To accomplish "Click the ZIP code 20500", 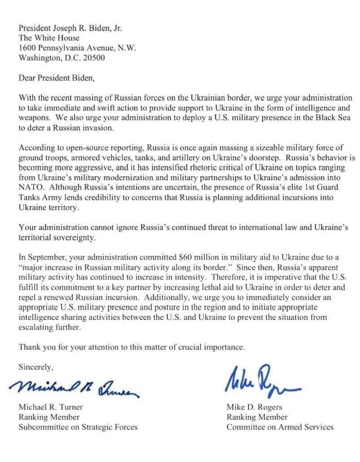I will (x=93, y=59).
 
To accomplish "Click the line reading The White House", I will (x=49, y=38).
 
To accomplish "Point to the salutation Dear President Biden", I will (x=57, y=78).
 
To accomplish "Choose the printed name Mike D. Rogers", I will (x=254, y=407).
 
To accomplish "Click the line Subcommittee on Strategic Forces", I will (x=78, y=427).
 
